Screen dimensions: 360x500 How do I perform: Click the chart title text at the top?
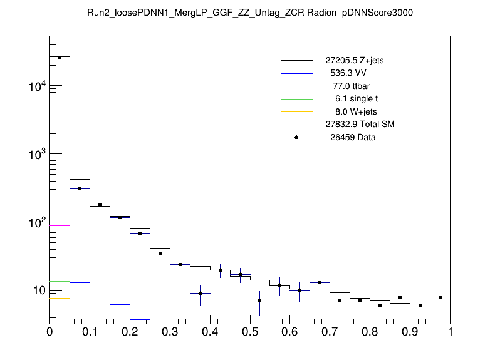pos(250,13)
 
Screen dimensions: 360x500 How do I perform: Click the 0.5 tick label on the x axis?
pos(250,332)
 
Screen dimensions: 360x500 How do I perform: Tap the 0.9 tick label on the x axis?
pos(410,332)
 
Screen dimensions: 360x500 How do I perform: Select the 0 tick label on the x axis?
pos(50,332)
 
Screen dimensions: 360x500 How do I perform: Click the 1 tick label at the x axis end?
pos(450,332)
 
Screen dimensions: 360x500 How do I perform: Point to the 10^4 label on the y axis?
pos(36,86)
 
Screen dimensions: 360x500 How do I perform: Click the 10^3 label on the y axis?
pos(36,155)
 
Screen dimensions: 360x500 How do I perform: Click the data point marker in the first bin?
pos(60,58)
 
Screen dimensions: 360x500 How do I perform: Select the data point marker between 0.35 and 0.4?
pos(200,293)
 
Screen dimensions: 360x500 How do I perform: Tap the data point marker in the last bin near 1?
pos(440,297)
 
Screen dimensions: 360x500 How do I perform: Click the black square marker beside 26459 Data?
pos(296,137)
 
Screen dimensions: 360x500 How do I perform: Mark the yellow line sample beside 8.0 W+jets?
pos(296,111)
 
